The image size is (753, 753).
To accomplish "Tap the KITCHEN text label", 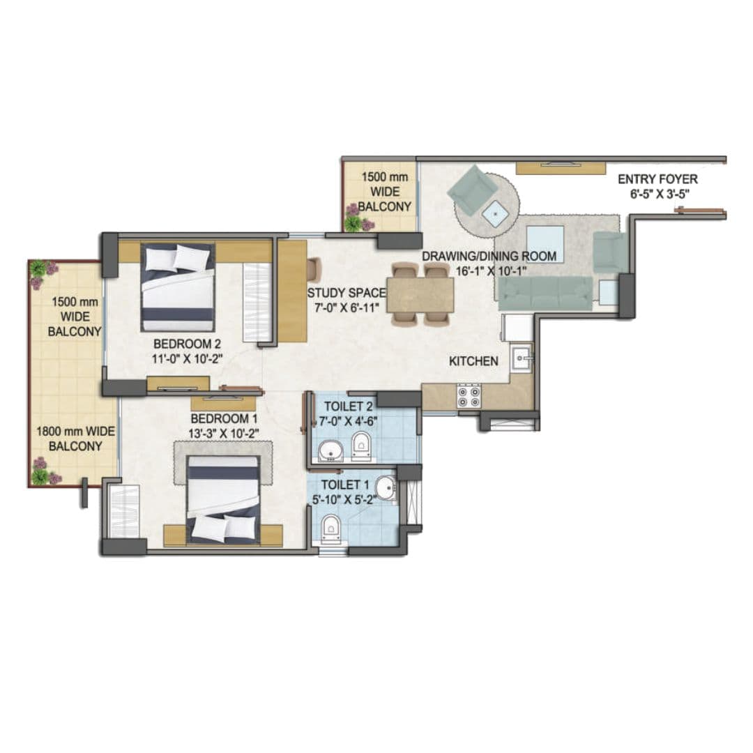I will pos(473,361).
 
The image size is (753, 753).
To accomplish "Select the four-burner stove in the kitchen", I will pos(468,396).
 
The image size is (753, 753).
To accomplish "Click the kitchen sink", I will pos(521,359).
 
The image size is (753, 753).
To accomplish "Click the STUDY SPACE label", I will pos(347,293).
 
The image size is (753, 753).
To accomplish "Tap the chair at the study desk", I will pos(313,268).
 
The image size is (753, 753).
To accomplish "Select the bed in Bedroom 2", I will pos(177,287).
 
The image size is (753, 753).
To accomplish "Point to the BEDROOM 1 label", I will pos(220,418).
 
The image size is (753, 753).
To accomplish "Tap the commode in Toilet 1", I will pos(330,528).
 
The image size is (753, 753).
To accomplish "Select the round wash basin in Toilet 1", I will pos(385,489).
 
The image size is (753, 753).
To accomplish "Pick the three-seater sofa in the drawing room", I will pos(544,292).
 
